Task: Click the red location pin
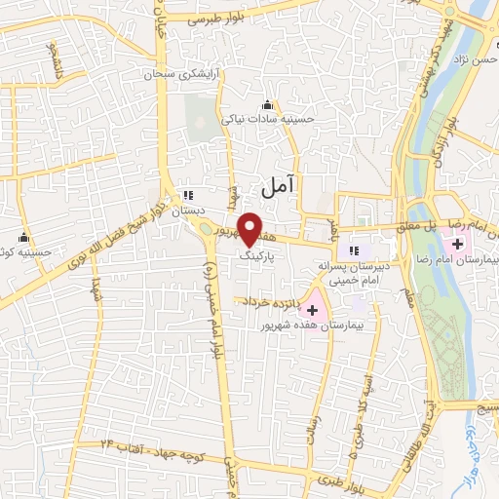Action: coord(249,226)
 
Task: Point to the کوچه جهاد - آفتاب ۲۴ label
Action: coord(157,444)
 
